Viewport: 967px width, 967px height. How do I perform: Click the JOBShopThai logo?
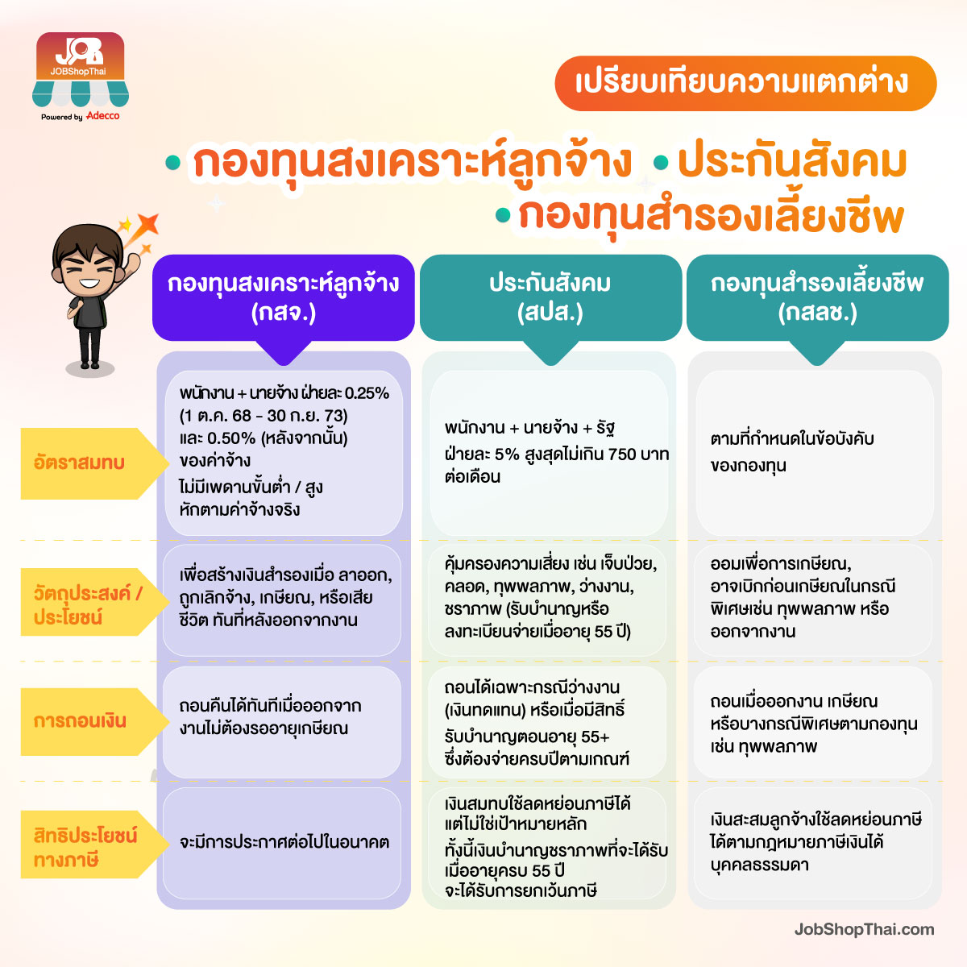(81, 70)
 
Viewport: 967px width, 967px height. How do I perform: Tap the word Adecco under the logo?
(103, 116)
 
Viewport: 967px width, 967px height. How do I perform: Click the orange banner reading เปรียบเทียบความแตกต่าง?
(745, 83)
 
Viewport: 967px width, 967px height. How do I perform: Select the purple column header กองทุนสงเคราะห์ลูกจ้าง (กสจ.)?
(284, 297)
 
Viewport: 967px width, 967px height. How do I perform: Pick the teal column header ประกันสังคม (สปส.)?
(550, 297)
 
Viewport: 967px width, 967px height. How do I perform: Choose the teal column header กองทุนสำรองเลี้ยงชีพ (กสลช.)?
(817, 297)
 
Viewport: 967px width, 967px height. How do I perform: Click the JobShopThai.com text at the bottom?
(864, 929)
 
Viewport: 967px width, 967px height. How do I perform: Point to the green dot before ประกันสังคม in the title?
(661, 162)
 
